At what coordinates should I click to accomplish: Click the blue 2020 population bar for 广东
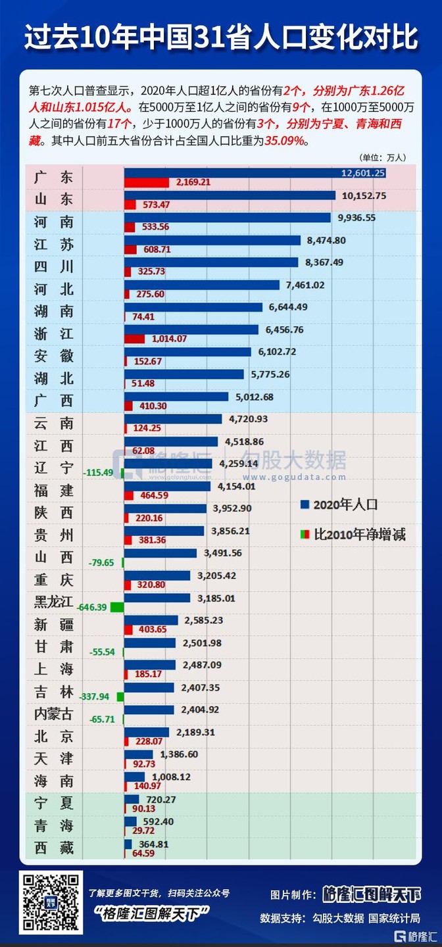click(255, 173)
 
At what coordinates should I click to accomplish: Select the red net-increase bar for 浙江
click(135, 339)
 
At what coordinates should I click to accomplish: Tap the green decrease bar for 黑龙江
click(117, 607)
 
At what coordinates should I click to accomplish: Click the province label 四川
click(54, 267)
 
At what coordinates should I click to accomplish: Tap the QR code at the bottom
click(51, 902)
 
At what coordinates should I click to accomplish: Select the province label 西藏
click(54, 848)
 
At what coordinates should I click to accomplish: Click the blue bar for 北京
click(147, 732)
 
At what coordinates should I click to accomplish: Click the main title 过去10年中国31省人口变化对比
click(221, 38)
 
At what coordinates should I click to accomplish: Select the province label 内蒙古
click(54, 714)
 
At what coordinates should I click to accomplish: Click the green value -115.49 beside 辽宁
click(99, 473)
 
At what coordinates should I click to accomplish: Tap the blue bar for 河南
click(228, 218)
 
